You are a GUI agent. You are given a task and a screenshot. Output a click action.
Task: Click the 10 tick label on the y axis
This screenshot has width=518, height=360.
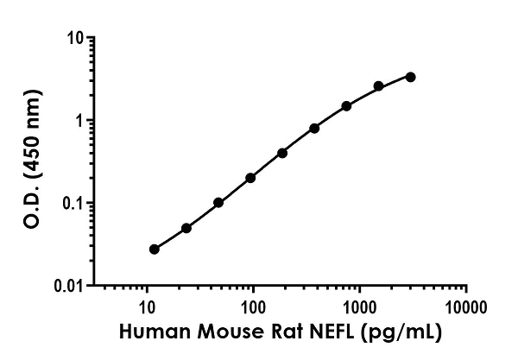click(x=76, y=39)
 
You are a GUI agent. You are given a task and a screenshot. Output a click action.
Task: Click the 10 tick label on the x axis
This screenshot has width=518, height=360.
click(x=147, y=307)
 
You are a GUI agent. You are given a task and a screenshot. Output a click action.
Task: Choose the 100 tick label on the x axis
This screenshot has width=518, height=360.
click(x=253, y=307)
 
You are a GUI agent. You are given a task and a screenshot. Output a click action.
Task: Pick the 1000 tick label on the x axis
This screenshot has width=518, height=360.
click(x=359, y=307)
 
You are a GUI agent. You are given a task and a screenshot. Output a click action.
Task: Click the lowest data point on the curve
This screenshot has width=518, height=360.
click(x=155, y=249)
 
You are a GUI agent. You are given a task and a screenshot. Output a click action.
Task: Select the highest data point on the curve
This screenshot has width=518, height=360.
click(x=410, y=77)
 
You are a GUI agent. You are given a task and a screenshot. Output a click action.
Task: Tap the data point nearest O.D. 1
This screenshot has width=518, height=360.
click(x=314, y=128)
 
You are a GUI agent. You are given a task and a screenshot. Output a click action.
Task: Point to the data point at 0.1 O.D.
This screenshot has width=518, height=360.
click(x=218, y=203)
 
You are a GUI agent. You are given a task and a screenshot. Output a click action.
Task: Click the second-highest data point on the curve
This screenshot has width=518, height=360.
click(x=378, y=86)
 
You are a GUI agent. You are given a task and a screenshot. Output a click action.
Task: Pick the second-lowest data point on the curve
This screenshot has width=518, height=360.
click(x=186, y=228)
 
